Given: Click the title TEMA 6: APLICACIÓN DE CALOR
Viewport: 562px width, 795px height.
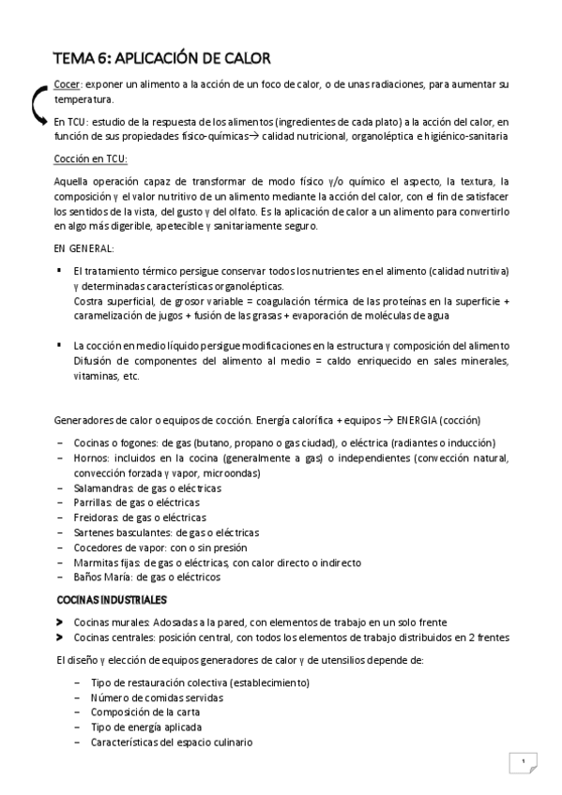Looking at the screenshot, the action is pos(161,59).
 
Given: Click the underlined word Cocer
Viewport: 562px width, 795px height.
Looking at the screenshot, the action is pos(67,85).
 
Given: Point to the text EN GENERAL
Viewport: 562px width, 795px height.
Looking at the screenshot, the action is pos(84,248).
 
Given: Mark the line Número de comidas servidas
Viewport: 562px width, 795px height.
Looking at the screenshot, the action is pos(157,697).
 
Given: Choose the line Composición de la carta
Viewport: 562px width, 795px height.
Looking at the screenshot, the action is pos(153,712).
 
